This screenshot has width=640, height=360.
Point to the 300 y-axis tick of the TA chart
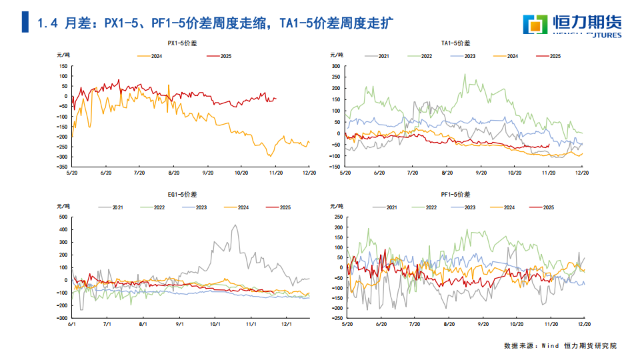tap(336, 67)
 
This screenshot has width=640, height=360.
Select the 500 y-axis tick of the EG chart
tap(63, 217)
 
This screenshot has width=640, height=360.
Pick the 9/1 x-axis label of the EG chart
tap(179, 323)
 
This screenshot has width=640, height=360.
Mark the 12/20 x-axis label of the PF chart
tap(583, 323)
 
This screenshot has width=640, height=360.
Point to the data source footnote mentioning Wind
tap(560, 345)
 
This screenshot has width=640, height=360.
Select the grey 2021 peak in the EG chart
tap(235, 225)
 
